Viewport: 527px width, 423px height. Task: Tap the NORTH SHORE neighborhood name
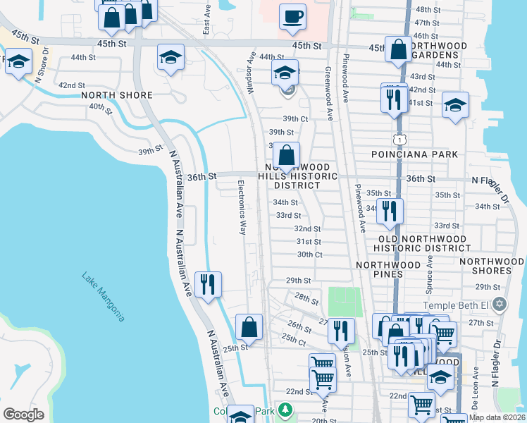[x=117, y=95]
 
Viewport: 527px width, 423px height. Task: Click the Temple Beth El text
[x=455, y=305]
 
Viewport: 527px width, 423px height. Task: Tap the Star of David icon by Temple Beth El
[x=500, y=305]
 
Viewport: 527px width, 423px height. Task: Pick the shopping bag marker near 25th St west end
[x=249, y=327]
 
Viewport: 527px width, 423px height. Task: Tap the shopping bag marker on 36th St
[x=286, y=156]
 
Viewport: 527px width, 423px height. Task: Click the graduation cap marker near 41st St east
[x=455, y=106]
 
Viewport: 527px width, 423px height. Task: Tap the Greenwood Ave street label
[x=328, y=87]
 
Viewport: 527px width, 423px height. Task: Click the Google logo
[x=23, y=414]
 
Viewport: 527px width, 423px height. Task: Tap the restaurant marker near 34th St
[x=389, y=211]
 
